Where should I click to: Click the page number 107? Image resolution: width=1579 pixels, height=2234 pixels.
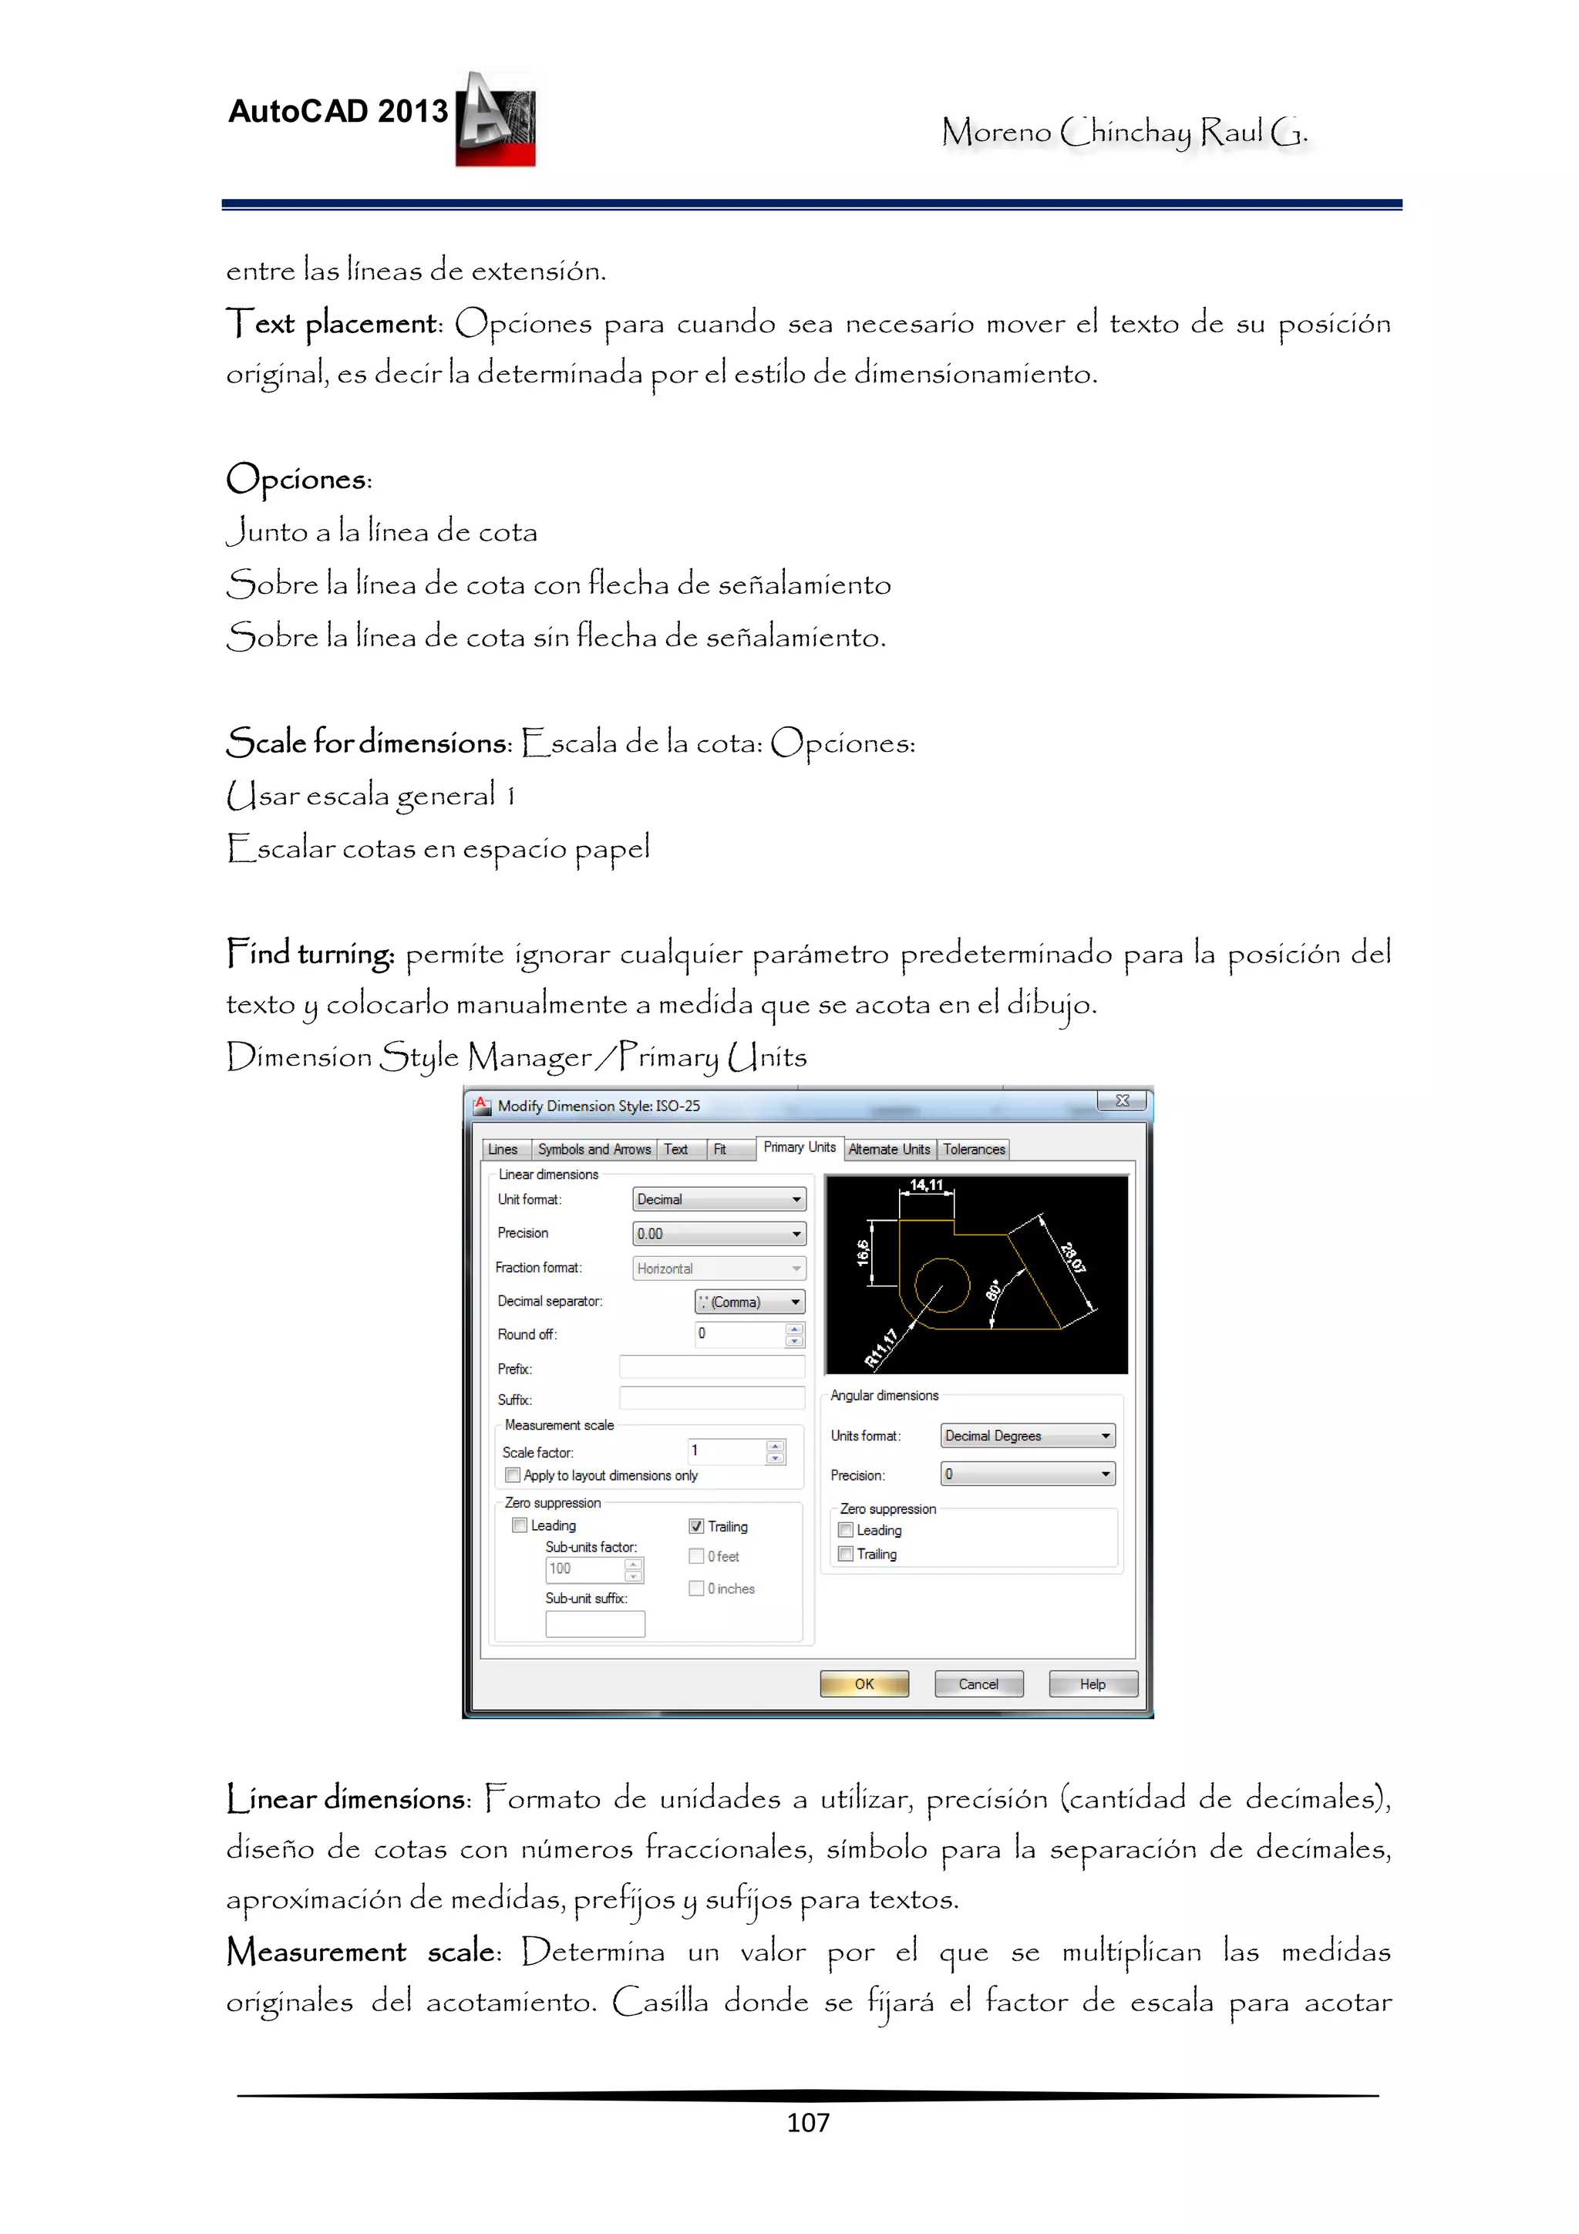(x=807, y=2122)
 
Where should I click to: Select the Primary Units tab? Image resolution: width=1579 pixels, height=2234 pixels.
(x=799, y=1147)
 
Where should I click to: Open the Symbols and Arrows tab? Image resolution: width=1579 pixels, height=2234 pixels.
(x=594, y=1149)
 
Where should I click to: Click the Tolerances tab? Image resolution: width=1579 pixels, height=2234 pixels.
(x=973, y=1149)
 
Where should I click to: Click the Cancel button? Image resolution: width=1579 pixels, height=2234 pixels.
(x=978, y=1683)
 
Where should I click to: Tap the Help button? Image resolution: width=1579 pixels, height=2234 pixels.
(x=1093, y=1683)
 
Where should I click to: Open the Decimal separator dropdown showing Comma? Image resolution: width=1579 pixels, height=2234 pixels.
(x=749, y=1302)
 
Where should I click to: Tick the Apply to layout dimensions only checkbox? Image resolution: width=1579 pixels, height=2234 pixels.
(x=513, y=1475)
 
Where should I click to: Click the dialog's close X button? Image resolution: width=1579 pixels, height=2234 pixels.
(x=1123, y=1100)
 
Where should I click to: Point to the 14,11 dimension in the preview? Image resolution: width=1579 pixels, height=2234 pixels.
(x=926, y=1184)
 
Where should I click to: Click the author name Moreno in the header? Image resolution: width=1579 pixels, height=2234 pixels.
(x=996, y=131)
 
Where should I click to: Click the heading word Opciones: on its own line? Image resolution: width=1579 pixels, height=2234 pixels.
(x=298, y=479)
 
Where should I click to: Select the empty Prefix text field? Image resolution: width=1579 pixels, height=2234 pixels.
(x=711, y=1367)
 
